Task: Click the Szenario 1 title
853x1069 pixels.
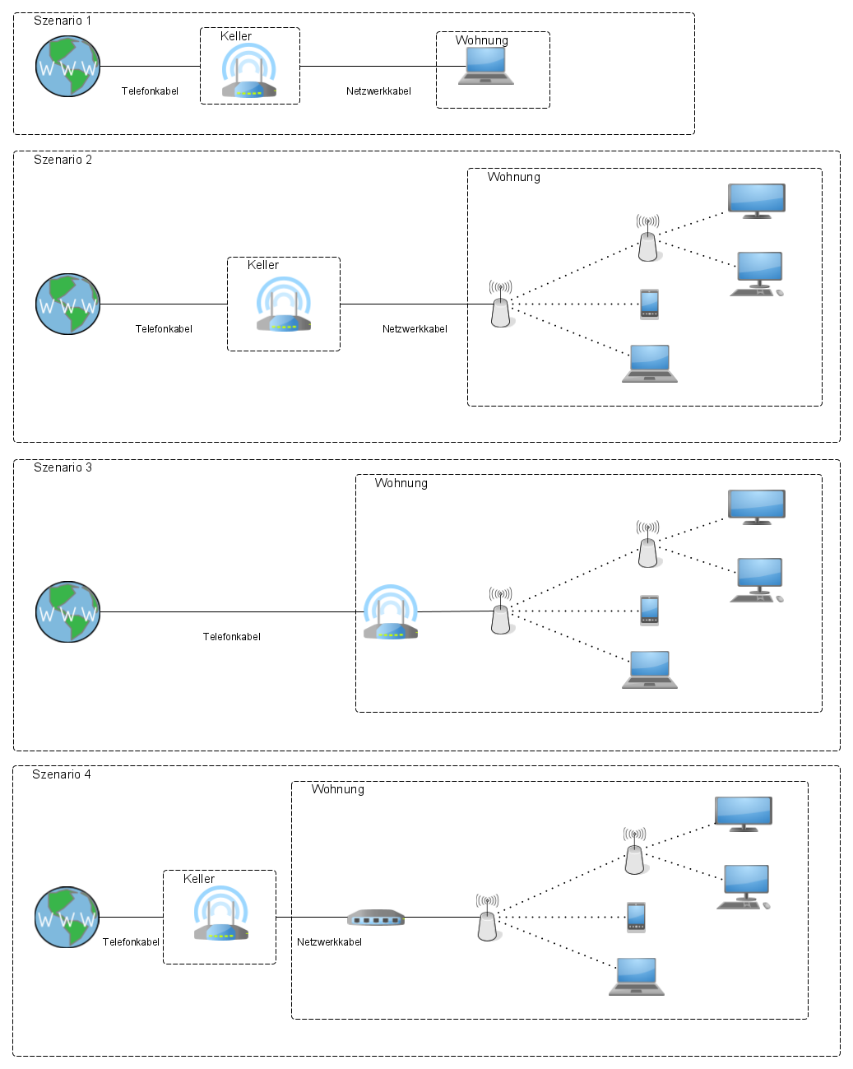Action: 63,21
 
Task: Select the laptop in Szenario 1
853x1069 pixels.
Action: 486,66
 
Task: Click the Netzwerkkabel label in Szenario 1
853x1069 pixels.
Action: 378,91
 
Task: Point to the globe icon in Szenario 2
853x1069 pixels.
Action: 68,304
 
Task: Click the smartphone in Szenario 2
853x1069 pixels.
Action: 649,304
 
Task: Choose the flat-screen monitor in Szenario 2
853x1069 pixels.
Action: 757,201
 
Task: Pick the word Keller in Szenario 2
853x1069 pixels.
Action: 263,265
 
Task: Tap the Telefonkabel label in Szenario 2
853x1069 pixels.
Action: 164,329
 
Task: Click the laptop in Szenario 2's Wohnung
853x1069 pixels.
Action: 650,364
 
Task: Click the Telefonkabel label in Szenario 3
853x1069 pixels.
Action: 232,637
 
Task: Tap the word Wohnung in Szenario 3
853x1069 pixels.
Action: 401,483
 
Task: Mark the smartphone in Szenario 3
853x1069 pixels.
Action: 649,610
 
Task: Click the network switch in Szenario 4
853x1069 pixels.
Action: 375,918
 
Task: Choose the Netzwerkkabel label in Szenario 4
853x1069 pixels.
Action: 329,942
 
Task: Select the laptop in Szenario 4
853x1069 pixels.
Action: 637,977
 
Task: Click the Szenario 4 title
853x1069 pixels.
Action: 62,774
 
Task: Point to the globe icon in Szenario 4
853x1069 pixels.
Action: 67,918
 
